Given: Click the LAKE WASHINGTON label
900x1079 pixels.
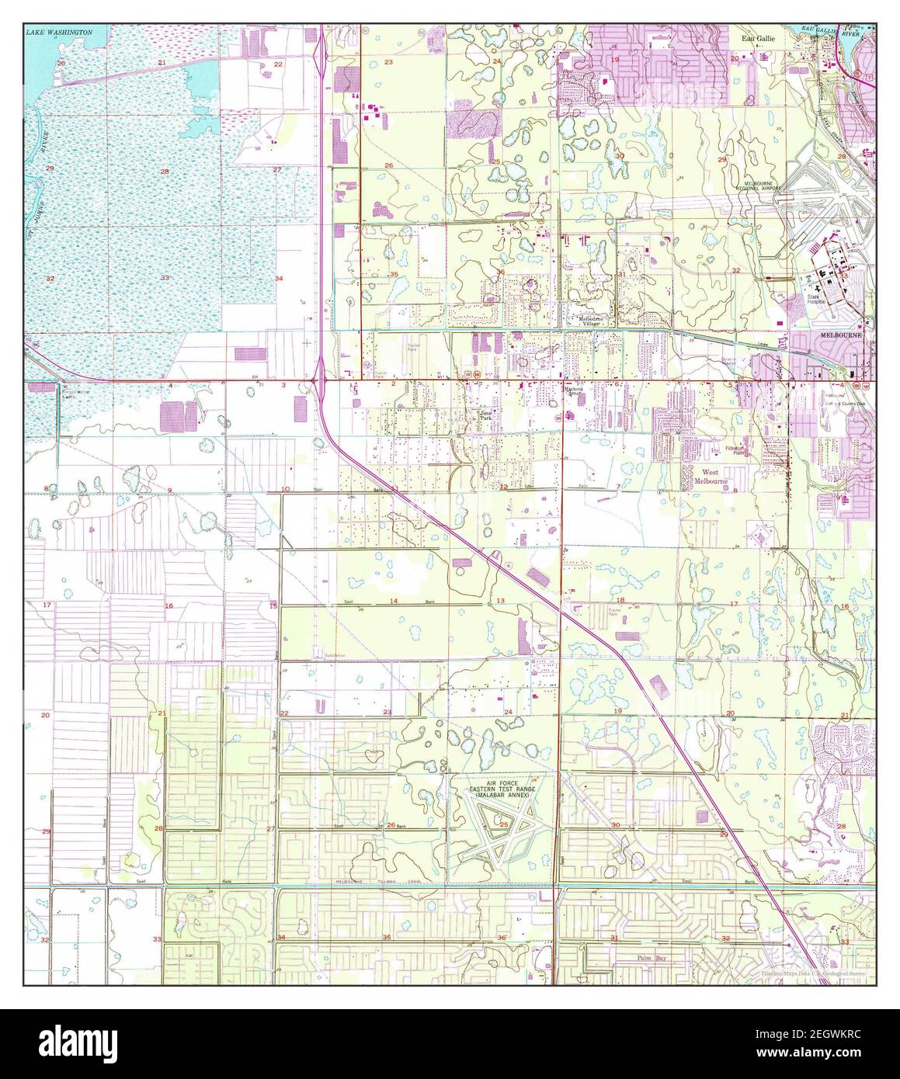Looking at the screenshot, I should click(x=58, y=33).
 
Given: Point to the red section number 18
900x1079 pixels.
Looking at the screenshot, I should click(x=620, y=600).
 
